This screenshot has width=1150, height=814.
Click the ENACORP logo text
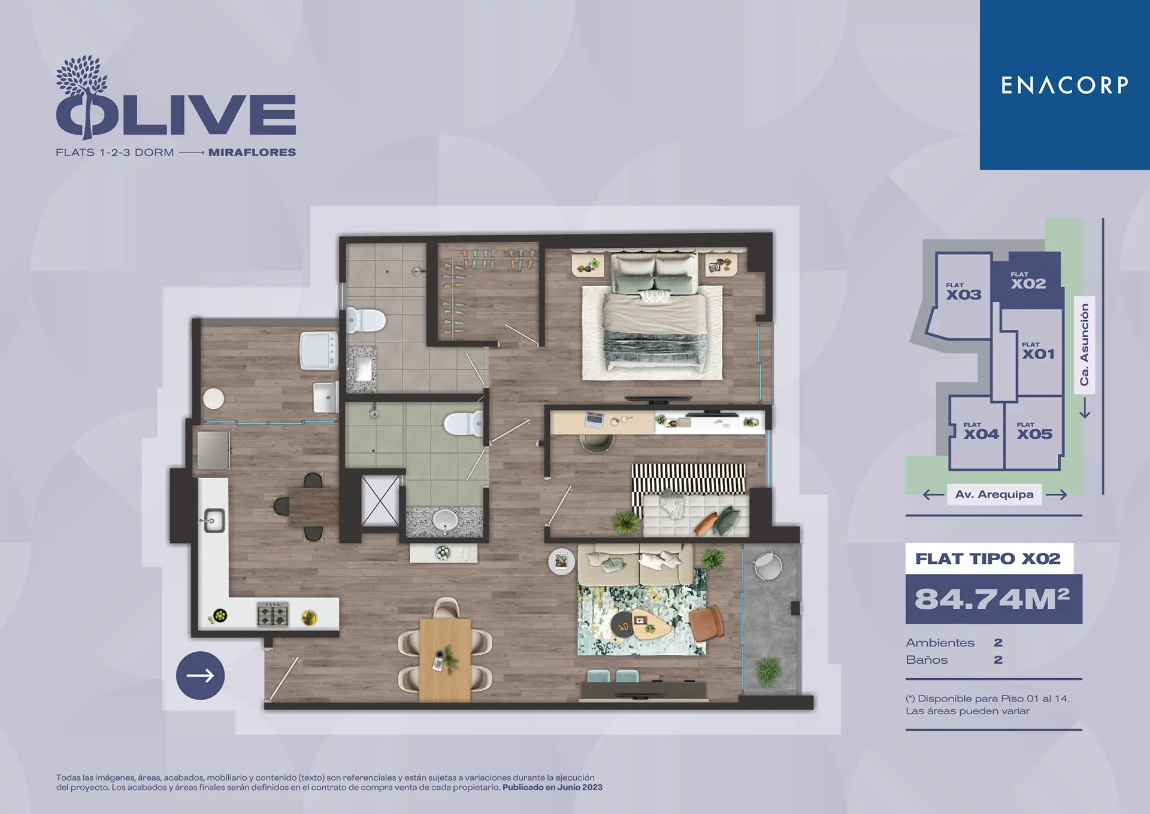pyautogui.click(x=1064, y=85)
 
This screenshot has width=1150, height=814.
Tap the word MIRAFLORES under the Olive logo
pyautogui.click(x=252, y=153)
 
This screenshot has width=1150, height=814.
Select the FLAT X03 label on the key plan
pyautogui.click(x=964, y=291)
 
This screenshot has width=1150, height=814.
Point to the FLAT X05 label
pyautogui.click(x=1034, y=431)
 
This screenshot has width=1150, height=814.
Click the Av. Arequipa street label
pyautogui.click(x=994, y=494)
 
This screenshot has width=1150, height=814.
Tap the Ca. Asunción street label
pyautogui.click(x=1084, y=344)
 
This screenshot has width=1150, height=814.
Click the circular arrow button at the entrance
pyautogui.click(x=200, y=676)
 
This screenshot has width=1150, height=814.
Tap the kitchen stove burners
pyautogui.click(x=273, y=614)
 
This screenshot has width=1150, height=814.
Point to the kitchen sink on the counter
pyautogui.click(x=214, y=521)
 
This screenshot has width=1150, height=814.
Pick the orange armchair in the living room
pyautogui.click(x=707, y=622)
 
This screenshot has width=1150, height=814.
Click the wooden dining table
pyautogui.click(x=445, y=660)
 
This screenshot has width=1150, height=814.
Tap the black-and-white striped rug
pyautogui.click(x=689, y=479)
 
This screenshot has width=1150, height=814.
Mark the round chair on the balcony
pyautogui.click(x=767, y=566)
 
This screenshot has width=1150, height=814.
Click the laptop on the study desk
pyautogui.click(x=595, y=420)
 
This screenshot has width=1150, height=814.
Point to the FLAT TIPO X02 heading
pyautogui.click(x=988, y=558)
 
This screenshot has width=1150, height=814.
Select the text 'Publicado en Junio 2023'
pyautogui.click(x=552, y=788)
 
